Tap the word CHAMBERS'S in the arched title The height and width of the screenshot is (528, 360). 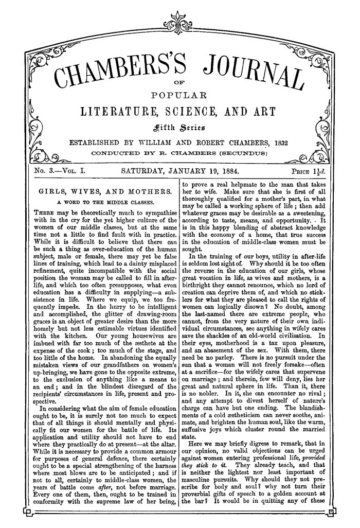(122, 73)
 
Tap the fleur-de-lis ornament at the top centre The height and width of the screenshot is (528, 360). (179, 21)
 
